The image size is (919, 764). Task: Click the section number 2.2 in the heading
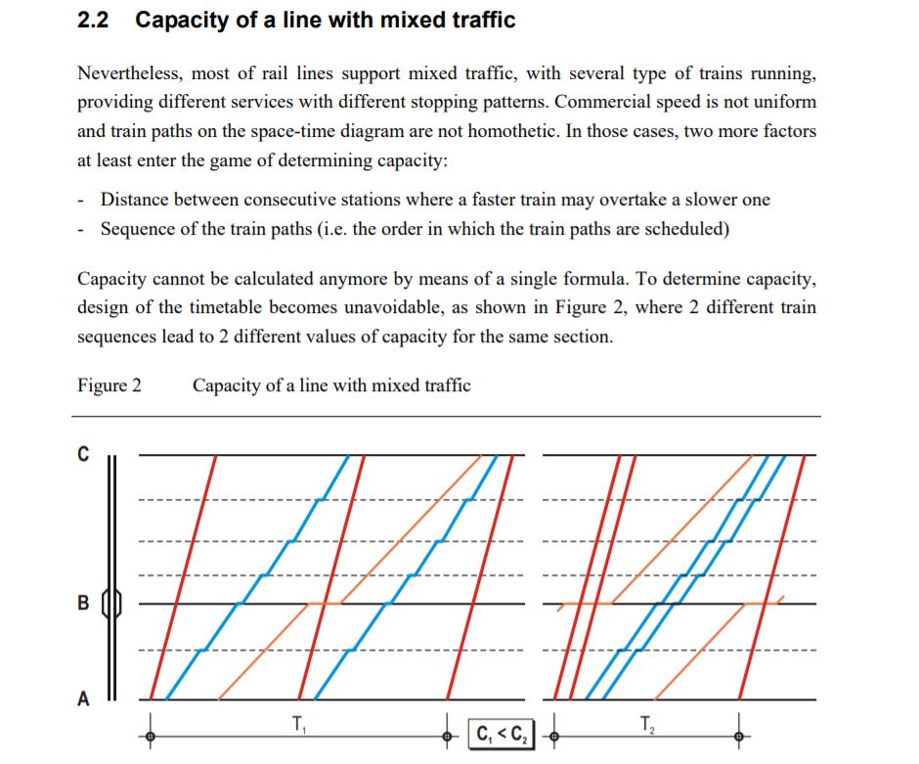93,20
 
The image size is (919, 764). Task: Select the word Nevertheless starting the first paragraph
128,73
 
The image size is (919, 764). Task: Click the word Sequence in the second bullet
141,229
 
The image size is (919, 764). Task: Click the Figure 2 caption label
109,385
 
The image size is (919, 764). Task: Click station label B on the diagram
83,602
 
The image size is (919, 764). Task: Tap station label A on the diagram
83,698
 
